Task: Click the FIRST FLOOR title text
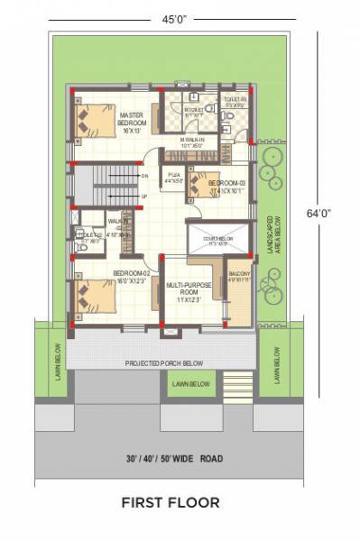coord(171,500)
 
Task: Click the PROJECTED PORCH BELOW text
coord(163,363)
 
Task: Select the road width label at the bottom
coord(172,458)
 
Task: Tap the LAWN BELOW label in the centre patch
coord(188,384)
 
